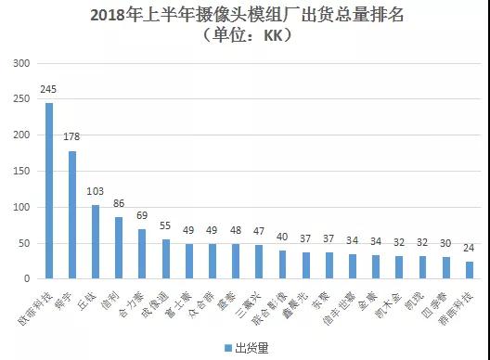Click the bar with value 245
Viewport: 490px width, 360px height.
pos(49,190)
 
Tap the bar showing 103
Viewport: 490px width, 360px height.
pos(96,241)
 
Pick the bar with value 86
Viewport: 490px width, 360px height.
pos(119,248)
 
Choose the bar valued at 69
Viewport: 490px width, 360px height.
pos(142,253)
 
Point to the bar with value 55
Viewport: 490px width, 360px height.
pos(165,259)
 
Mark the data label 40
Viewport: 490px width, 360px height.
pos(282,238)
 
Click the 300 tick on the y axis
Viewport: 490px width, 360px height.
pos(22,63)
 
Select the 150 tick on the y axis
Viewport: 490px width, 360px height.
pos(22,171)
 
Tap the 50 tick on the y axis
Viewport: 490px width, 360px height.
pos(25,243)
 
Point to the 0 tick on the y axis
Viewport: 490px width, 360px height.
pos(28,278)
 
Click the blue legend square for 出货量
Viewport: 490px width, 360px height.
pos(226,347)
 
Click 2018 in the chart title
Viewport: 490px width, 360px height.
pos(112,16)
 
